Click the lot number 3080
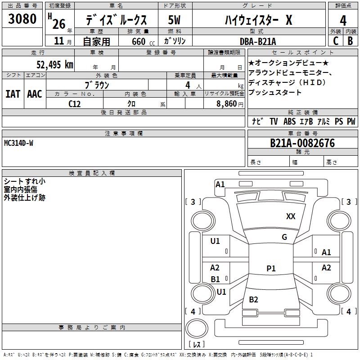point(22,19)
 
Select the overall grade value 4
point(343,21)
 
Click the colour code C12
point(74,103)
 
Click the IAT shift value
point(13,94)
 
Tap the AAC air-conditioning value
point(34,94)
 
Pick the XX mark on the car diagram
point(291,216)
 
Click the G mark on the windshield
point(284,237)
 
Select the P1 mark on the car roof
point(271,269)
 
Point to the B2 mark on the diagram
point(253,300)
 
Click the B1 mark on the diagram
point(216,279)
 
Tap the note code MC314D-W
point(18,143)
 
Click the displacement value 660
point(139,41)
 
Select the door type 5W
point(175,21)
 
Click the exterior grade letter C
point(336,41)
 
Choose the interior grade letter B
point(350,41)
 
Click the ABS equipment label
point(289,121)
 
